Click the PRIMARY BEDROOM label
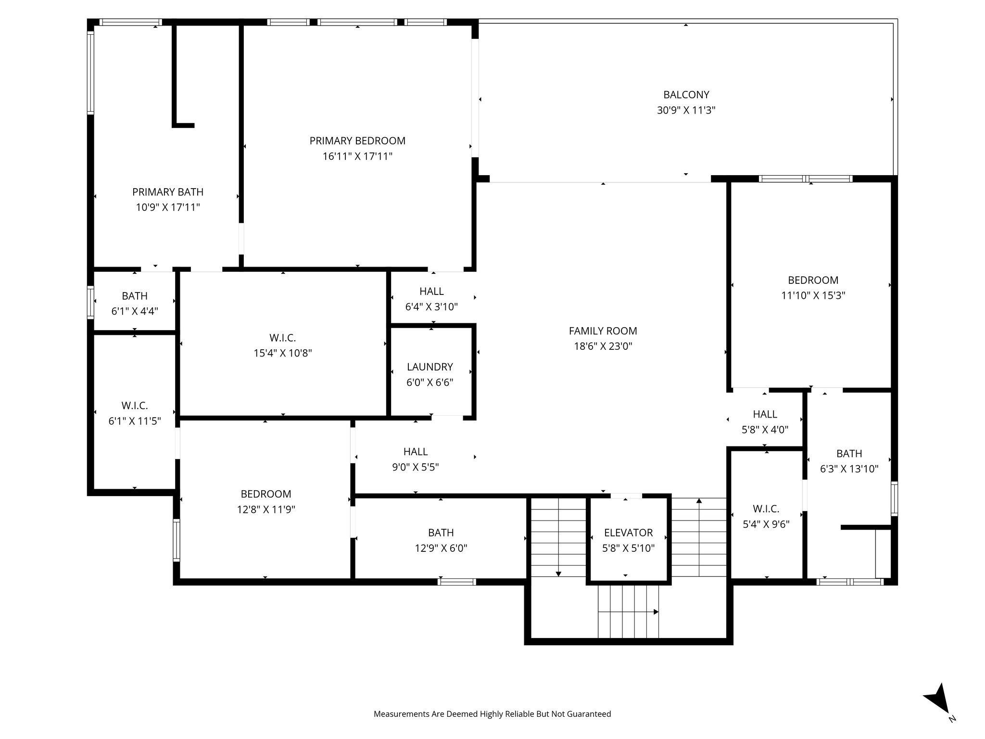[x=357, y=140]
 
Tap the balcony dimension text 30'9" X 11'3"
[x=686, y=110]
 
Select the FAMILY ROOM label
[x=603, y=331]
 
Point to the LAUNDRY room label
[x=429, y=367]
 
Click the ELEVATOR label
[x=628, y=533]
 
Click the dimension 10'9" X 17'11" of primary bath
[x=167, y=207]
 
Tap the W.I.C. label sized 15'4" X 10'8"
[x=282, y=338]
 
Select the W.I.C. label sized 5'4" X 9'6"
[x=766, y=509]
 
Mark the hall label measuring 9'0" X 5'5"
[x=415, y=451]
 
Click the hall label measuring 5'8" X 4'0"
[x=765, y=414]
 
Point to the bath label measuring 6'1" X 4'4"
[x=134, y=296]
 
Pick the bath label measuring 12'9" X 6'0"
[x=441, y=533]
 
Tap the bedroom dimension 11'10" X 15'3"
[x=813, y=295]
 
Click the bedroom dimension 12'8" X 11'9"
[x=265, y=510]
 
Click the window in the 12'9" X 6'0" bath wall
[x=456, y=582]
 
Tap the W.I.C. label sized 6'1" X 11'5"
[x=134, y=406]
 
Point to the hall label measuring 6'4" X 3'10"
[x=431, y=291]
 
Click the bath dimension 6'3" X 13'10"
[x=849, y=469]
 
